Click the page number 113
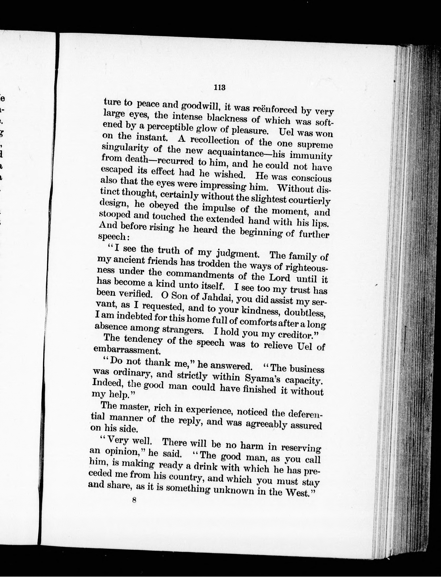(x=220, y=87)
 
